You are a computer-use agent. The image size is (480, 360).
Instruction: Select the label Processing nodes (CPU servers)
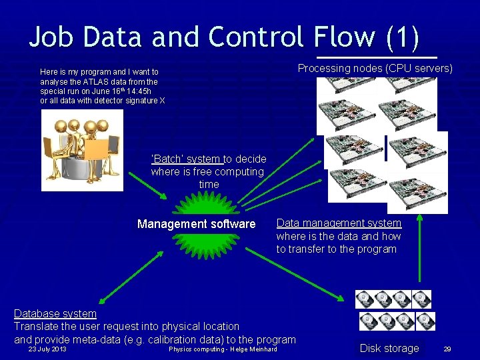pos(375,68)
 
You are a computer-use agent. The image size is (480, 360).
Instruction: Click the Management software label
pos(196,224)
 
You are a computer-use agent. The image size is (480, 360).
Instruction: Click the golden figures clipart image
pos(81,149)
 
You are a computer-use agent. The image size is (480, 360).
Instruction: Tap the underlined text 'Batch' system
pos(186,159)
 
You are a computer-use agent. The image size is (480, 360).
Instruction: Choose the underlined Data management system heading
pos(339,223)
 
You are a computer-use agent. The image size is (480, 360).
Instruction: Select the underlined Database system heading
pos(55,313)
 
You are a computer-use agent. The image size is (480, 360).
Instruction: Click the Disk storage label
pos(389,348)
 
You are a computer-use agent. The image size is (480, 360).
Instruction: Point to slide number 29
pos(447,349)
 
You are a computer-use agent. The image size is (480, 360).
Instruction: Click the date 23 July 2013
pos(47,349)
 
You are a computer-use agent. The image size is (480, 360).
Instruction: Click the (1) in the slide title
pos(402,37)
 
